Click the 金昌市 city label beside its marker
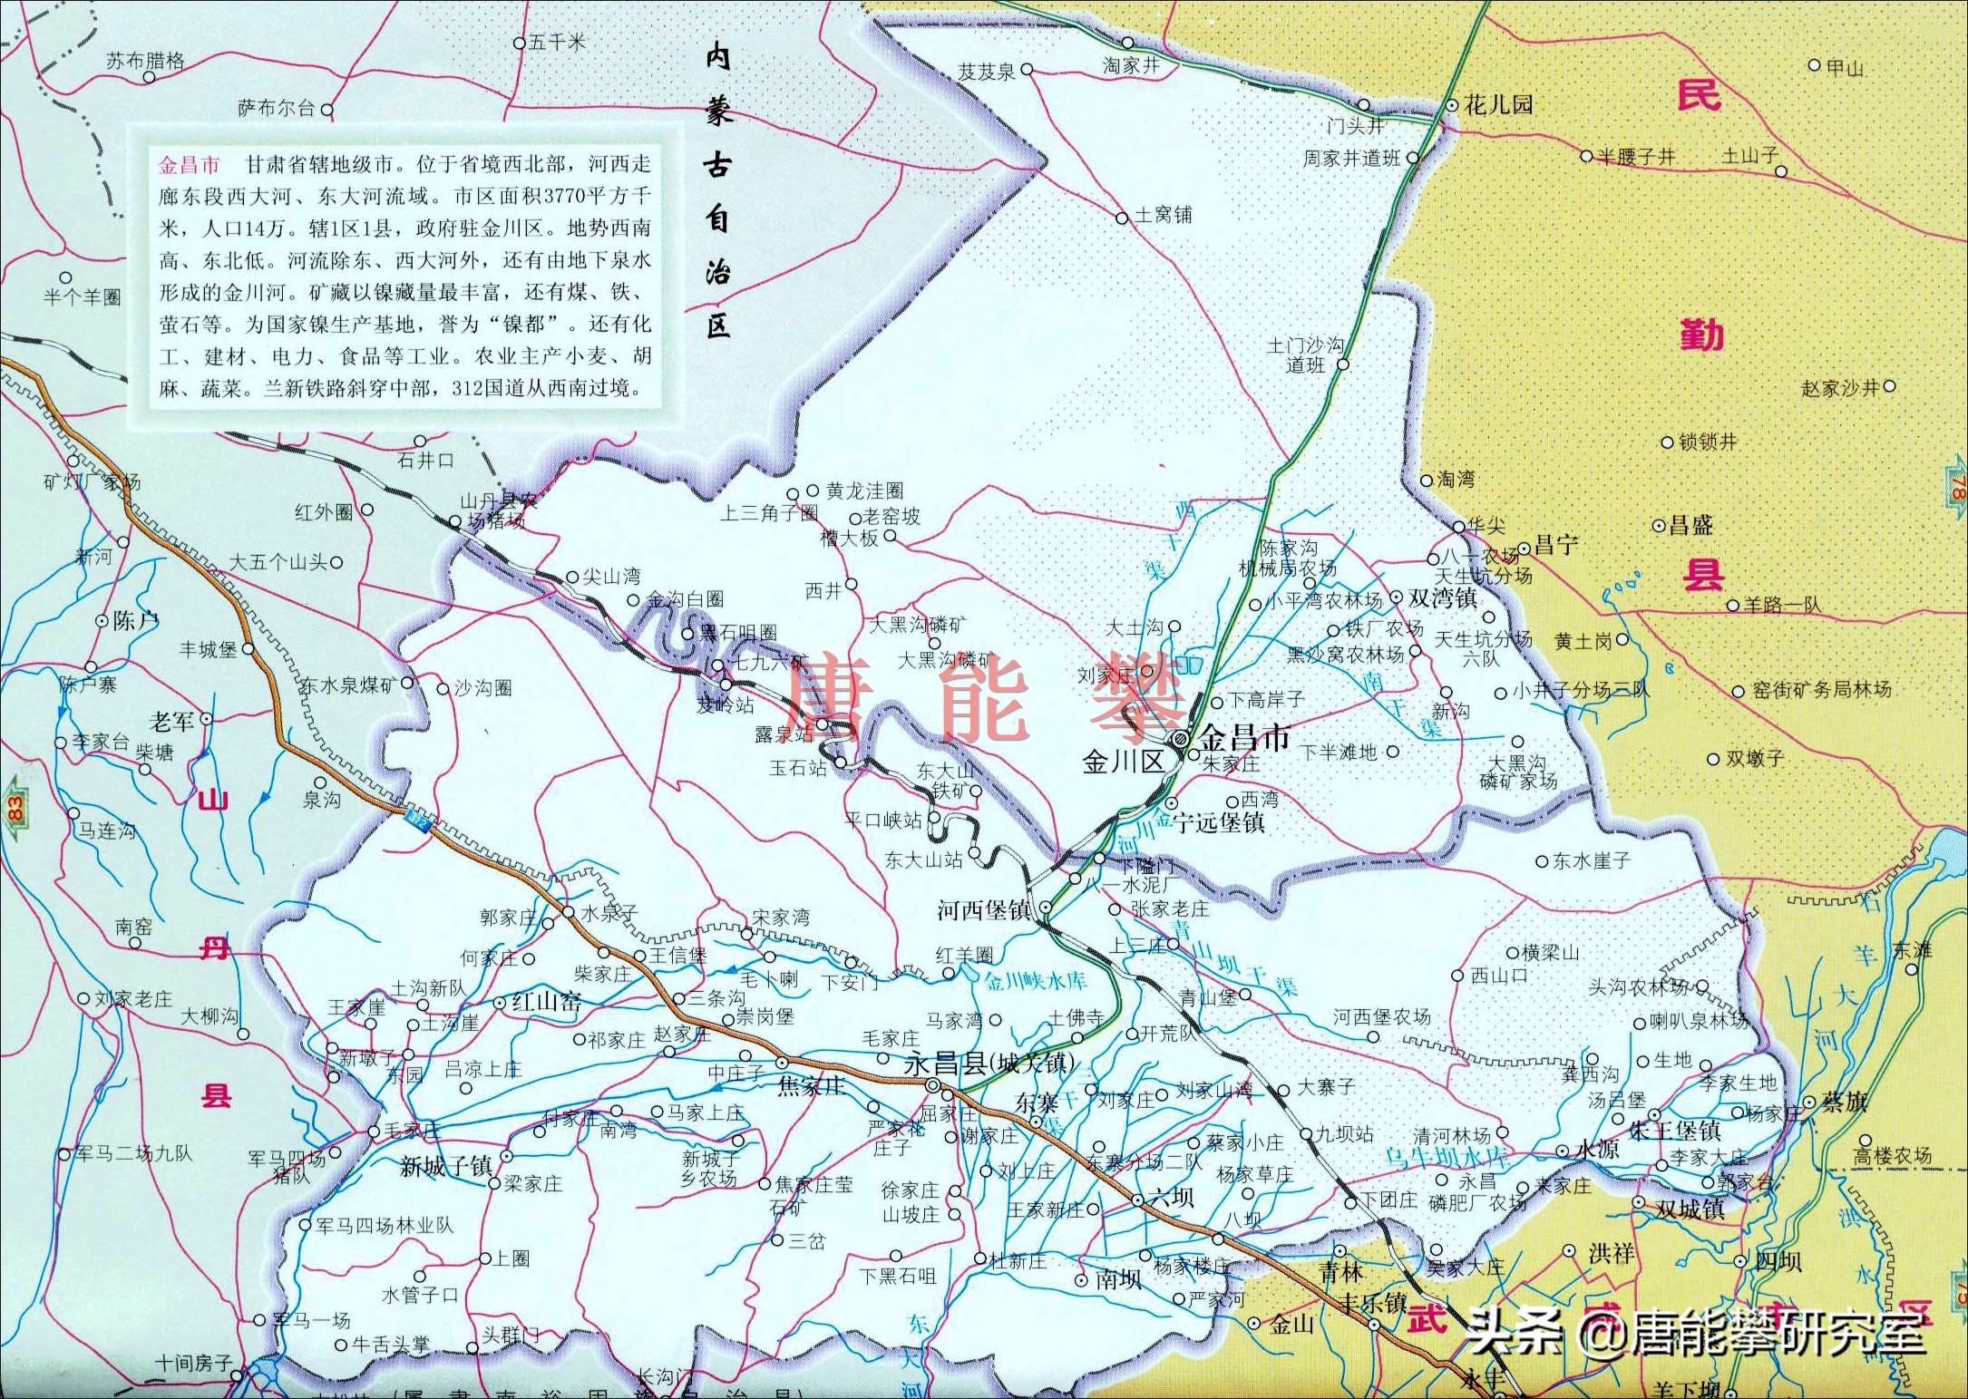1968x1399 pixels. [x=1244, y=738]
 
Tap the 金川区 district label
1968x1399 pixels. [x=1124, y=762]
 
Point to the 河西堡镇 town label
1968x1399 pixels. [x=984, y=909]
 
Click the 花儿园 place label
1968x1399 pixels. [x=1498, y=105]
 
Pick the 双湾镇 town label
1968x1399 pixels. [x=1443, y=598]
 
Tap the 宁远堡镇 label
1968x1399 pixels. [x=1219, y=822]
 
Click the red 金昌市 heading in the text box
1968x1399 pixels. [x=189, y=165]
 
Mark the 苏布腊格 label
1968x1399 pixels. [x=145, y=62]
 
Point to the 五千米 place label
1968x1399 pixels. [x=557, y=43]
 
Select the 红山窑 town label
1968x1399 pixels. [x=547, y=1002]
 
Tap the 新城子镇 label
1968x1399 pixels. [x=445, y=1166]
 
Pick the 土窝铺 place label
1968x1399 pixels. [x=1164, y=216]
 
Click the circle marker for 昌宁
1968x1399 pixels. [x=1525, y=548]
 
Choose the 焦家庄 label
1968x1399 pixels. [x=811, y=1085]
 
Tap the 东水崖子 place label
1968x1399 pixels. [x=1592, y=860]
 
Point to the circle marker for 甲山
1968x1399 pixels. [x=1814, y=65]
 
